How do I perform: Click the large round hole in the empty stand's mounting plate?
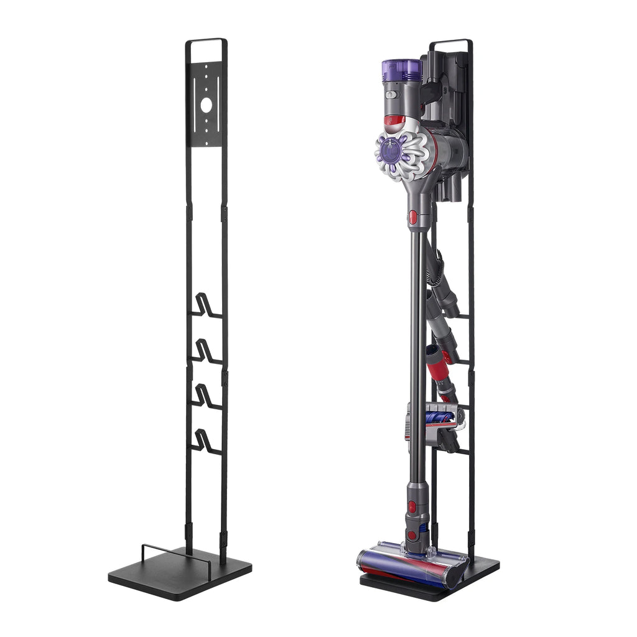coord(206,105)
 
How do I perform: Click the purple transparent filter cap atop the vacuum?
coord(402,70)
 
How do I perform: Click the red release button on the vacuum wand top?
coord(412,217)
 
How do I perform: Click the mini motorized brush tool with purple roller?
coord(435,417)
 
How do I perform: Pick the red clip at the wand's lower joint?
coord(412,506)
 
